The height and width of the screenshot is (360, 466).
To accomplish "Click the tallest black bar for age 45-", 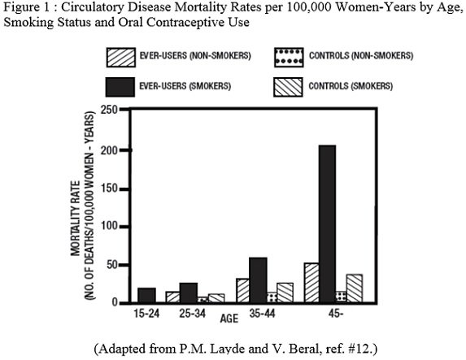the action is (x=327, y=223).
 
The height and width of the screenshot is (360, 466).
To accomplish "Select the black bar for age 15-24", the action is (x=147, y=295).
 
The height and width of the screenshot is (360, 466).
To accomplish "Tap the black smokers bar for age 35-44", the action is (x=258, y=280).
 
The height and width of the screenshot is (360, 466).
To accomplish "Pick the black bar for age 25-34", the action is (x=189, y=293).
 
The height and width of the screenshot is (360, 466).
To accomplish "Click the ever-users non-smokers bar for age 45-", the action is (x=311, y=283).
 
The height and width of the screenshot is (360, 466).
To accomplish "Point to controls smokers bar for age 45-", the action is (x=355, y=288).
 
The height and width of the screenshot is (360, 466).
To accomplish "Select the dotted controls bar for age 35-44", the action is (x=272, y=297).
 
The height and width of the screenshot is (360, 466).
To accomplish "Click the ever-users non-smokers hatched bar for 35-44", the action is (x=243, y=290).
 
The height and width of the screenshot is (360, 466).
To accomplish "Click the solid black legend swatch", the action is (x=120, y=87).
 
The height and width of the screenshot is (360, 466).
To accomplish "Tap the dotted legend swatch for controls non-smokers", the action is (x=289, y=58).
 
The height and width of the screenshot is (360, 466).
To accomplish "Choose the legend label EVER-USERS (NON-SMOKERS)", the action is (x=195, y=55).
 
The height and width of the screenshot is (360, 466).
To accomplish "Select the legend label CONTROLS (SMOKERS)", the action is (x=351, y=86).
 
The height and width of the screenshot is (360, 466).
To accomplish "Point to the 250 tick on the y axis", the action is (x=124, y=111).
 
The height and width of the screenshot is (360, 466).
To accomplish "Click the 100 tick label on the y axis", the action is (x=109, y=226).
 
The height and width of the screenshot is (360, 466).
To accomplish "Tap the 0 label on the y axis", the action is (x=115, y=302).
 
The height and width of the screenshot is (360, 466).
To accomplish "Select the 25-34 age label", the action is (x=192, y=313).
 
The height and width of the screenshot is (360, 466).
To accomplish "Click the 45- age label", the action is (x=336, y=313).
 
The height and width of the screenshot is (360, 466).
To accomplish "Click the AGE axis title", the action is (x=229, y=319).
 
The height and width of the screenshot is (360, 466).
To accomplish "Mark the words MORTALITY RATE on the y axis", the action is (x=76, y=219).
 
